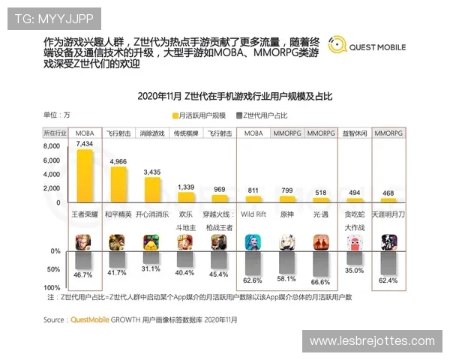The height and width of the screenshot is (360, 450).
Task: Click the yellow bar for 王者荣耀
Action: [x=85, y=175]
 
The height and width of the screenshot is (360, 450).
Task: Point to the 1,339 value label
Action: [x=186, y=186]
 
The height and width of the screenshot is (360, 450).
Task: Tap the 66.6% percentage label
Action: [x=321, y=280]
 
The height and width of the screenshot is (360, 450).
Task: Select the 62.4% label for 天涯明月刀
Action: [x=388, y=280]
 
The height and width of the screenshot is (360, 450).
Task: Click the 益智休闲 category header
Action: [x=355, y=133]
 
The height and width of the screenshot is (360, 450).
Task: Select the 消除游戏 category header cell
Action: [x=152, y=133]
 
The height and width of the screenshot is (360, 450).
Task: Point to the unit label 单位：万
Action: [x=57, y=115]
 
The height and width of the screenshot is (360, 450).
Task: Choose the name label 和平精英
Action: [x=118, y=214]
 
